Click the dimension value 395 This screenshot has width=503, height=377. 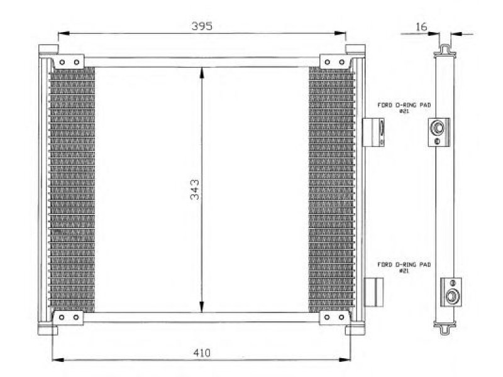pos(202,26)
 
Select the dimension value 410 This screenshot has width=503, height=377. pos(202,353)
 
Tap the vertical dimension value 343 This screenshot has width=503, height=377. pos(194,190)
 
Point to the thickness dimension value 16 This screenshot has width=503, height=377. pos(421,26)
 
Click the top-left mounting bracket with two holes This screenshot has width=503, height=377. pos(69,62)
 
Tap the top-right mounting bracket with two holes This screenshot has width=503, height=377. pos(336,62)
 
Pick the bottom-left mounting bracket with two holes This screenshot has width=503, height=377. pos(69,317)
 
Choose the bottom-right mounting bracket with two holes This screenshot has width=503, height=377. pos(334,317)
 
